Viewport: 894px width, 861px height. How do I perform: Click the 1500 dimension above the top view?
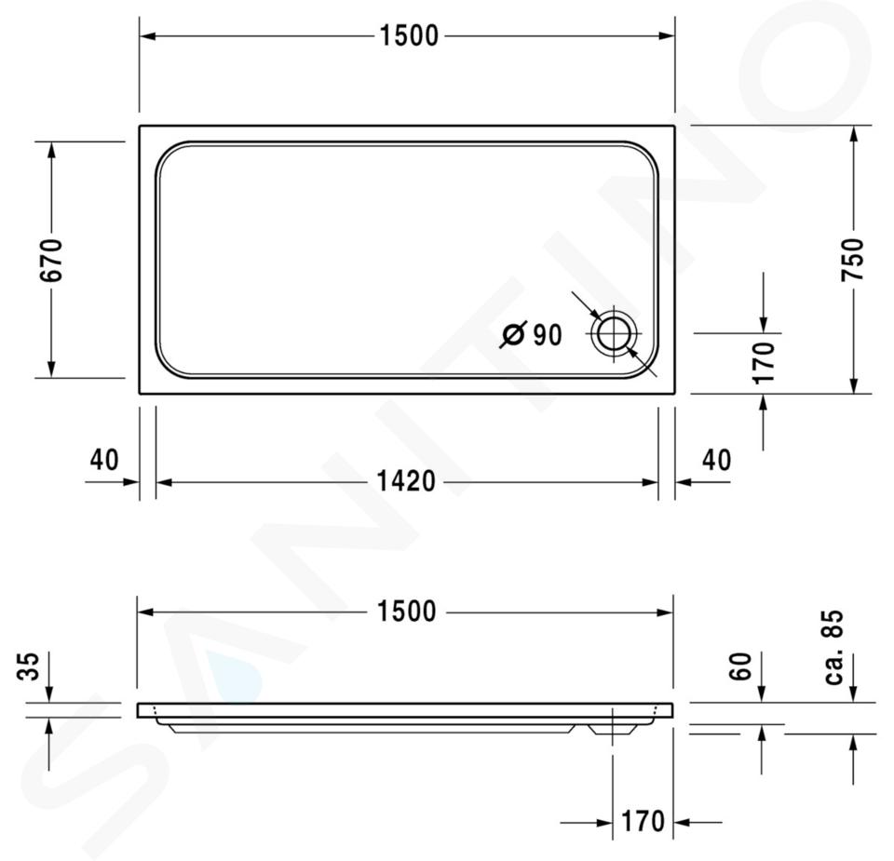pyautogui.click(x=409, y=36)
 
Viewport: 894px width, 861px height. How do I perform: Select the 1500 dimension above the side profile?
pyautogui.click(x=407, y=612)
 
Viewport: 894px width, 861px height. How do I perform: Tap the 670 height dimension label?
pyautogui.click(x=51, y=261)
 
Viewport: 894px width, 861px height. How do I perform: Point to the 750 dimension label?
pyautogui.click(x=853, y=260)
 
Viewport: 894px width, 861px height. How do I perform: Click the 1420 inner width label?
pyautogui.click(x=406, y=481)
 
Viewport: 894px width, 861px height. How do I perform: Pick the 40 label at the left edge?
pyautogui.click(x=104, y=460)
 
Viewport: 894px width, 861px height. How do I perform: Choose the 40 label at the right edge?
pyautogui.click(x=716, y=460)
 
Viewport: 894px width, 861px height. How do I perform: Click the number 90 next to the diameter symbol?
pyautogui.click(x=548, y=335)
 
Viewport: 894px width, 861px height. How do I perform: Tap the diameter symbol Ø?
pyautogui.click(x=512, y=334)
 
